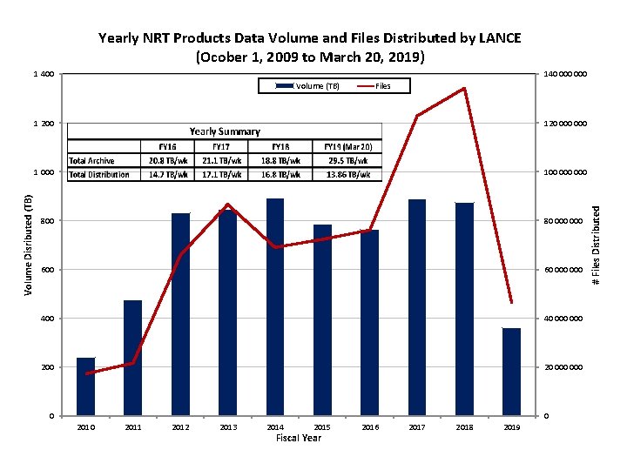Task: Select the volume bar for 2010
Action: point(85,386)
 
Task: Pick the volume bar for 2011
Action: point(132,358)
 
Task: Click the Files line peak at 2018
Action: point(464,89)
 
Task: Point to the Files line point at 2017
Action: point(417,116)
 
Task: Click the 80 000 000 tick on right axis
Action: point(564,221)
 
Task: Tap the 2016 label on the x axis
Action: point(369,427)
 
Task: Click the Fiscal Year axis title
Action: point(299,438)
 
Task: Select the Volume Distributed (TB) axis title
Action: point(29,244)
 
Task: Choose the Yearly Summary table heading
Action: point(225,131)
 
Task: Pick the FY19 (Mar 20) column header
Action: point(347,146)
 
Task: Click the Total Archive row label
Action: point(92,160)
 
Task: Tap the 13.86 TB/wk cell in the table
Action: point(347,174)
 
